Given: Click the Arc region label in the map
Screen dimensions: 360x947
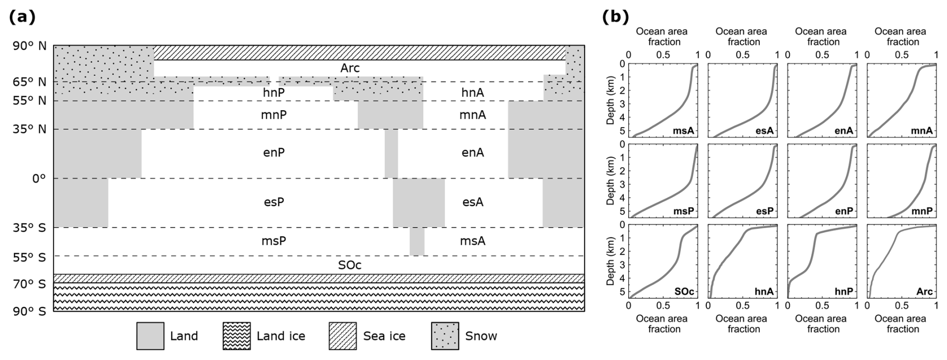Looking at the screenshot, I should click(x=350, y=68).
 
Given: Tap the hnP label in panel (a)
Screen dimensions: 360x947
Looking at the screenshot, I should click(x=274, y=93).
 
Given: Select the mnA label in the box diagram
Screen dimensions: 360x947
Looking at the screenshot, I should click(x=472, y=115).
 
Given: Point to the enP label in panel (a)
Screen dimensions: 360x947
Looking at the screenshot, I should click(x=274, y=153).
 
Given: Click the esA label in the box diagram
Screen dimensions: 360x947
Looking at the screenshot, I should click(x=472, y=202).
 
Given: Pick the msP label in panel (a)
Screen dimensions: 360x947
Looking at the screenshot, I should click(x=274, y=241).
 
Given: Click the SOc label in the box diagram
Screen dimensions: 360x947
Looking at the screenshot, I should click(x=350, y=265).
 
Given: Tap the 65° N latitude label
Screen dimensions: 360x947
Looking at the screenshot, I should click(x=29, y=82).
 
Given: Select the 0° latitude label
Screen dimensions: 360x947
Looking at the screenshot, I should click(x=39, y=178).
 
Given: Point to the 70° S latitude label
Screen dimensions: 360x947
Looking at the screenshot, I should click(x=29, y=284).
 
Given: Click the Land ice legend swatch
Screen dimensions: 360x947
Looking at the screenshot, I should click(x=236, y=335).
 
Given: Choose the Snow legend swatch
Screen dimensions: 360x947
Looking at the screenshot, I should click(x=444, y=335).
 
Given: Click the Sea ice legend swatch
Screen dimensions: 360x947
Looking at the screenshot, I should click(x=342, y=335).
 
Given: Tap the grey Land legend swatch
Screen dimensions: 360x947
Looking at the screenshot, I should click(x=150, y=335).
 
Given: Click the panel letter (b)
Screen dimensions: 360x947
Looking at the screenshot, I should click(x=615, y=17).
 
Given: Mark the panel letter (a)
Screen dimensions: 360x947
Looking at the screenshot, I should click(x=23, y=17).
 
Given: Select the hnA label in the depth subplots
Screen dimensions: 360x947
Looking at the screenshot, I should click(x=764, y=291).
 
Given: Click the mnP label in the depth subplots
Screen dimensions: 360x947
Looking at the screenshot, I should click(x=922, y=211).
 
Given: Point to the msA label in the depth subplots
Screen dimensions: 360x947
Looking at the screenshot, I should click(x=684, y=131).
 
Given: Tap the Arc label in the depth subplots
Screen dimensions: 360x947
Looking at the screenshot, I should click(x=924, y=291).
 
